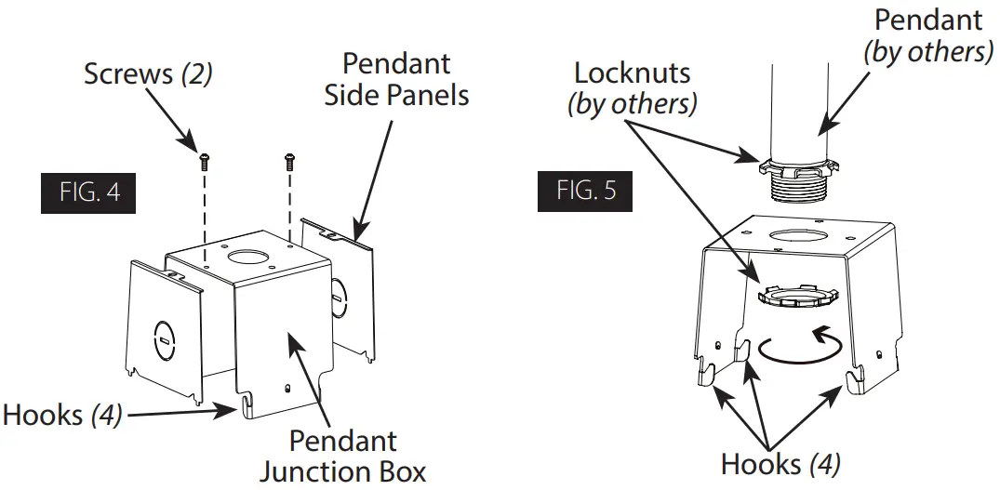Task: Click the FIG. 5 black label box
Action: (586, 191)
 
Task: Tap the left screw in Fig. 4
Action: (202, 163)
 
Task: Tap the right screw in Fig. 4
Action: (289, 162)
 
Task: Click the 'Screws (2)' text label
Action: (148, 74)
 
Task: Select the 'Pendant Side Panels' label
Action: (396, 79)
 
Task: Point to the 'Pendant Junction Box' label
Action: (342, 456)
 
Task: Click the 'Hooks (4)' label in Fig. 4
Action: (63, 415)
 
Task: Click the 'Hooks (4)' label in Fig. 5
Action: (780, 461)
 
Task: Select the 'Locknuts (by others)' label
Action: (633, 87)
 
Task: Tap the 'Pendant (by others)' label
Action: (927, 34)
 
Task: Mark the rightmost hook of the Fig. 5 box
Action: (853, 377)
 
